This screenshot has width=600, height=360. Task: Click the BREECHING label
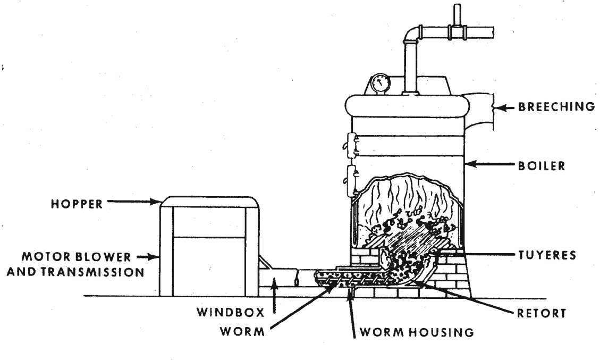[556, 107]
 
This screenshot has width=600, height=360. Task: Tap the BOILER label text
[542, 166]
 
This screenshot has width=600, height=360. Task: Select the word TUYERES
[546, 255]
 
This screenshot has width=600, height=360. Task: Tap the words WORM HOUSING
[416, 332]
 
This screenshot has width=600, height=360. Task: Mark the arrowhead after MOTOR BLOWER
[151, 257]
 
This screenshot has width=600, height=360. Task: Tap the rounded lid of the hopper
[209, 200]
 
